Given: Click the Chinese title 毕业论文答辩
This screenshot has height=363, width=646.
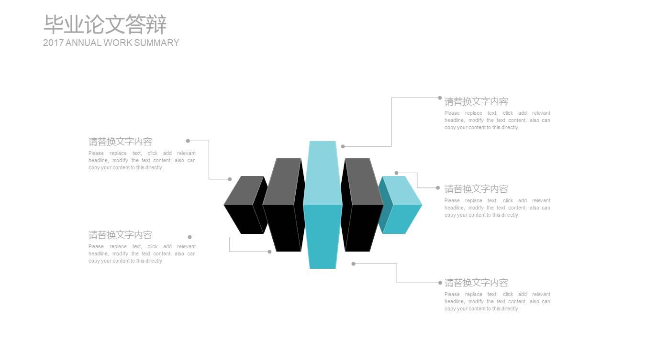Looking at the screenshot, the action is coord(105,24).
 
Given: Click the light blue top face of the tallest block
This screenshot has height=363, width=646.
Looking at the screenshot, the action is coord(323,172).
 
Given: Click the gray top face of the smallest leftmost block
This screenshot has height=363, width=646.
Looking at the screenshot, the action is coord(243,190).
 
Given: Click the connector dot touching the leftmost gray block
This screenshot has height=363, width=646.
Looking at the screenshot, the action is coord(230,179).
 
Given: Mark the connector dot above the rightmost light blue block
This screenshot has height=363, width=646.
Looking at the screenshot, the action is coord(396,173).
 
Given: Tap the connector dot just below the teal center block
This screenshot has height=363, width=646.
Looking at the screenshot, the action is coord(354,264).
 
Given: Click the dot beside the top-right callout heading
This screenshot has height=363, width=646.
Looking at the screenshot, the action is coord(440,98).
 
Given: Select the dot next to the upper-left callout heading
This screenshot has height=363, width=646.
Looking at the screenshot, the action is coord(188,141).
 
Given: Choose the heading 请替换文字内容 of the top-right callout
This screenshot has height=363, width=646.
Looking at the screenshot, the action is coord(476,101).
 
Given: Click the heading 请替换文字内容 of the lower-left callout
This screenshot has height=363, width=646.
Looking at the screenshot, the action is coord(120,235).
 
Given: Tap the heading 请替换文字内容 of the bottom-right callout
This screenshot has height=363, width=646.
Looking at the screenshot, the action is coord(476,283).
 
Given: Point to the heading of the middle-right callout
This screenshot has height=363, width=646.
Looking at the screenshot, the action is coord(476,189).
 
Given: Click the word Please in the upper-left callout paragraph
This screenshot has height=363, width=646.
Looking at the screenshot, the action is coord(96,154).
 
